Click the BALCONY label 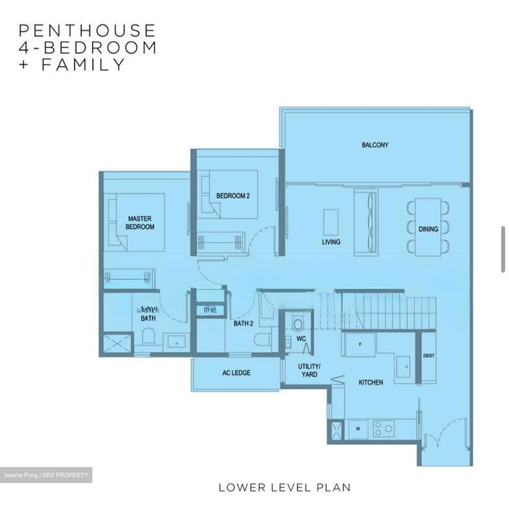[375, 145]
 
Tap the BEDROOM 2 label [233, 196]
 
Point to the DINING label [428, 229]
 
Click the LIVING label [331, 242]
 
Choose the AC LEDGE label [236, 373]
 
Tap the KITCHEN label [370, 382]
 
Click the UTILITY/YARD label [309, 371]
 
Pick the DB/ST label [429, 356]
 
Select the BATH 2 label [243, 324]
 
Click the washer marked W [358, 429]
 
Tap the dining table [428, 227]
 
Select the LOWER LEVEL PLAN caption [284, 488]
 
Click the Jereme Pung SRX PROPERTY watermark [46, 475]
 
